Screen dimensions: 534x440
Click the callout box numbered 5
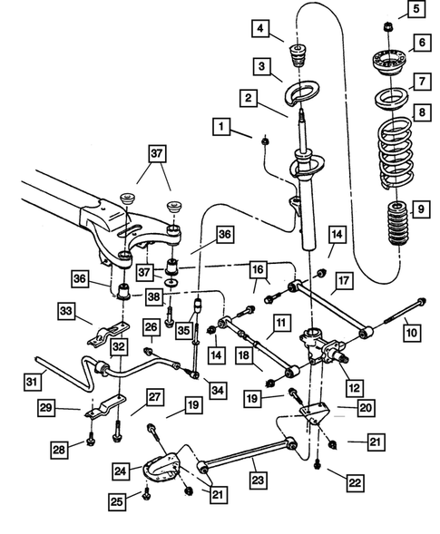[x=416, y=12]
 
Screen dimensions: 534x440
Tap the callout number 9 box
[x=416, y=211]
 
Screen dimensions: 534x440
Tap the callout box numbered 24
[x=119, y=470]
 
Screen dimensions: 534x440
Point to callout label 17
[x=341, y=281]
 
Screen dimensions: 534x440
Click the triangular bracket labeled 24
[x=160, y=471]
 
